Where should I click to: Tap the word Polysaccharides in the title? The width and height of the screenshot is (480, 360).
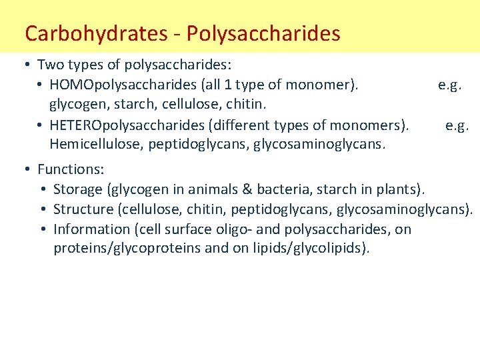264,33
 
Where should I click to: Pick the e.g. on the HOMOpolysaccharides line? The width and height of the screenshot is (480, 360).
450,85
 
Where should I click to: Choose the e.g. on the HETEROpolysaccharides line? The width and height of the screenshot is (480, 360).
457,125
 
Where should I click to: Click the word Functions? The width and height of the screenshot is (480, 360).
69,169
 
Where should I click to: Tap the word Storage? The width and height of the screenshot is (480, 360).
78,189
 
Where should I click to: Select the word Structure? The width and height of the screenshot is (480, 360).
83,209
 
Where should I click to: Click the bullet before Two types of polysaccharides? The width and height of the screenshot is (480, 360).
25,65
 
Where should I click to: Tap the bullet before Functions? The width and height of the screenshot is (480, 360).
25,169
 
